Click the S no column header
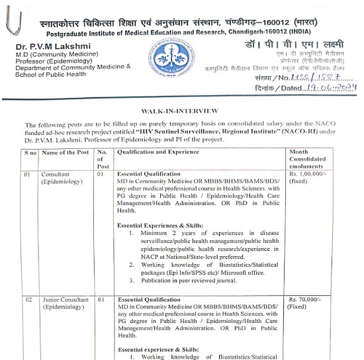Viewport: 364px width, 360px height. [x=31, y=152]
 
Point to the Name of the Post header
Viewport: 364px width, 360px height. [x=65, y=152]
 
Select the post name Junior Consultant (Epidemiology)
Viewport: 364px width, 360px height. [x=66, y=304]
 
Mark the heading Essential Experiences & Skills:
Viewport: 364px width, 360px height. [x=160, y=226]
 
